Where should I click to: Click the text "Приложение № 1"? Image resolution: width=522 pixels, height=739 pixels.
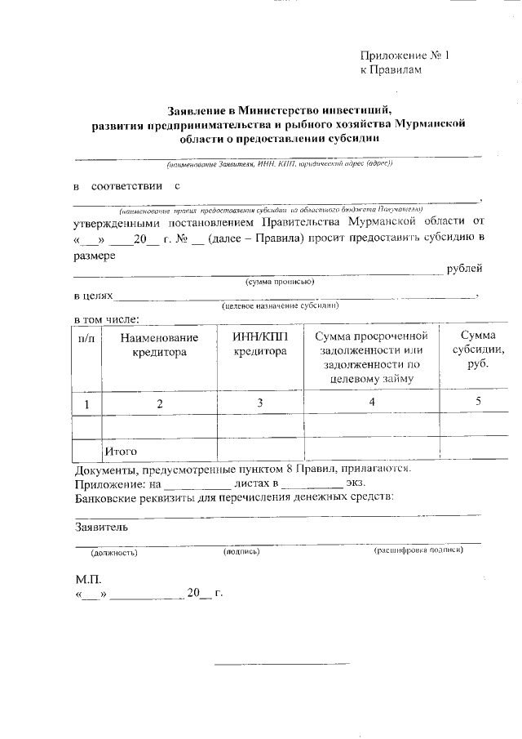[x=405, y=56]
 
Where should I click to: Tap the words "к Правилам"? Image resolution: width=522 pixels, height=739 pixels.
[x=392, y=71]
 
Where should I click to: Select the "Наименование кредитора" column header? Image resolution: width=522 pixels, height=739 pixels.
[x=160, y=345]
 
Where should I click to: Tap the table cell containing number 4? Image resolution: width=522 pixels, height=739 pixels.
[x=372, y=402]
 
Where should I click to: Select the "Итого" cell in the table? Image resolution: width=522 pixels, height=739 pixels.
[x=120, y=451]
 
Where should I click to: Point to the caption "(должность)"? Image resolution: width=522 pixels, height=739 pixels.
[x=114, y=552]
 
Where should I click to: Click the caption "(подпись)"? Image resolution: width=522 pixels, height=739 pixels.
[x=241, y=552]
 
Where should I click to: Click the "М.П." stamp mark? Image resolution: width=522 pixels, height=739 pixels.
[x=86, y=579]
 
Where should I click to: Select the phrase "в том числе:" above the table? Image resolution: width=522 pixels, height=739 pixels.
[x=108, y=318]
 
